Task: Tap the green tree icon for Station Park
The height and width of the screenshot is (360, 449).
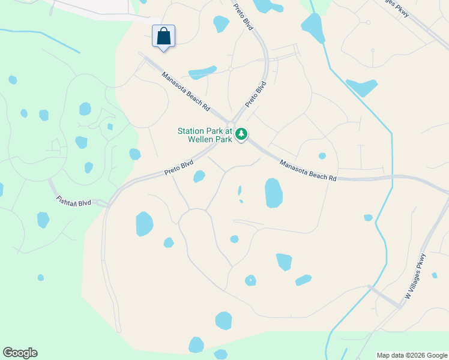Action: coord(241,134)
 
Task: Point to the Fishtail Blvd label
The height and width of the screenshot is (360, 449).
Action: coord(74,201)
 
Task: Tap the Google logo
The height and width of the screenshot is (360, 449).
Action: coord(20,353)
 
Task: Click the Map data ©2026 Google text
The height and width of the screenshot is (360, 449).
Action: coord(411,355)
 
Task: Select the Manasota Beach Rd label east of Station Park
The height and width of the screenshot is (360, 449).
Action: coord(309,170)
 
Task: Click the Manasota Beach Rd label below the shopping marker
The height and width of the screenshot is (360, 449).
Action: coord(186,91)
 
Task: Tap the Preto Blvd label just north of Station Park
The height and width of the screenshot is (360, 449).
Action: coord(255,95)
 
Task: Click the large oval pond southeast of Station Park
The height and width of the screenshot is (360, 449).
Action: coord(274,193)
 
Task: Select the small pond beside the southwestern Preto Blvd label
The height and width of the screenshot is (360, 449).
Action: coord(199,176)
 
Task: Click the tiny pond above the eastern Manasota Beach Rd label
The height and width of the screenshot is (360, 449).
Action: coord(322,156)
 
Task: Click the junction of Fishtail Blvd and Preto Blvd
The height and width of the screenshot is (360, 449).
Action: coord(108,205)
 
